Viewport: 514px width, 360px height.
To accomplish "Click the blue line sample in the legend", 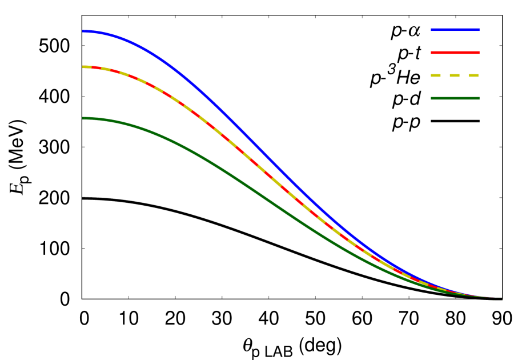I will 455,30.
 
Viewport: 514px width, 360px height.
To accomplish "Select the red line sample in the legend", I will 455,53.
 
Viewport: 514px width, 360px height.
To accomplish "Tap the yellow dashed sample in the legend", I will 455,75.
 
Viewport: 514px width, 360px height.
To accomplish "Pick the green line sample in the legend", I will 455,98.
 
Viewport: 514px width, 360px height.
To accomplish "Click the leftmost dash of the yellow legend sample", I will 436,75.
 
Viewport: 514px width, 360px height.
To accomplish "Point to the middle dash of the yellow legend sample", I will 455,75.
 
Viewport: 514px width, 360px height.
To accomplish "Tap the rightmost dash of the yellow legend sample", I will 473,75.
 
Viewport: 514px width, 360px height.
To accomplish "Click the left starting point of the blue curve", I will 83,31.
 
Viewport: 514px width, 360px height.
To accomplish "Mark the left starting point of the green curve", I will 83,118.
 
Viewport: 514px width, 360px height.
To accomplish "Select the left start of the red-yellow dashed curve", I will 83,67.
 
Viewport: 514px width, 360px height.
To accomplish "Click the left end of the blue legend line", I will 432,30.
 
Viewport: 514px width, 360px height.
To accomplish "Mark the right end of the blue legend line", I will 479,30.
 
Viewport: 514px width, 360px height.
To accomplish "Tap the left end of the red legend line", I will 432,53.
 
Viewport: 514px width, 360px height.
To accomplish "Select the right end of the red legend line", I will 479,53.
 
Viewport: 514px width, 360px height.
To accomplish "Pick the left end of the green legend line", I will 432,98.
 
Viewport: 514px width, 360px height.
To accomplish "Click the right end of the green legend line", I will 479,98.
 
